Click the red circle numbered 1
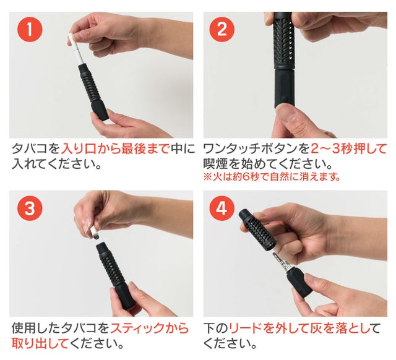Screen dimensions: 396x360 click(x=30, y=29)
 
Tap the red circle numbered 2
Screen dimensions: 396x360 click(x=222, y=29)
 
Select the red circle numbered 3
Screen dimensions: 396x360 click(x=30, y=208)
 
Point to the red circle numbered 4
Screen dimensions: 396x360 click(x=222, y=208)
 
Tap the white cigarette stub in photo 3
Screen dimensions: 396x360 click(x=93, y=233)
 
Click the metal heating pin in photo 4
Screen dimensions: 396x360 click(x=281, y=261)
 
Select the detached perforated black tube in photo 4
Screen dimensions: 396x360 click(x=257, y=229)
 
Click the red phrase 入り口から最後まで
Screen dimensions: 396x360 click(x=115, y=148)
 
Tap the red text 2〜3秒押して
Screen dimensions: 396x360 click(x=348, y=148)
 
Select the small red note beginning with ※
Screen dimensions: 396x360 click(x=272, y=176)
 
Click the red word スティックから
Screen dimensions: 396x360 click(x=150, y=328)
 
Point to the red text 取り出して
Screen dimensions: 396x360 click(x=40, y=343)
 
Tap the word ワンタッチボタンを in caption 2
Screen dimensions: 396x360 click(x=257, y=148)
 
